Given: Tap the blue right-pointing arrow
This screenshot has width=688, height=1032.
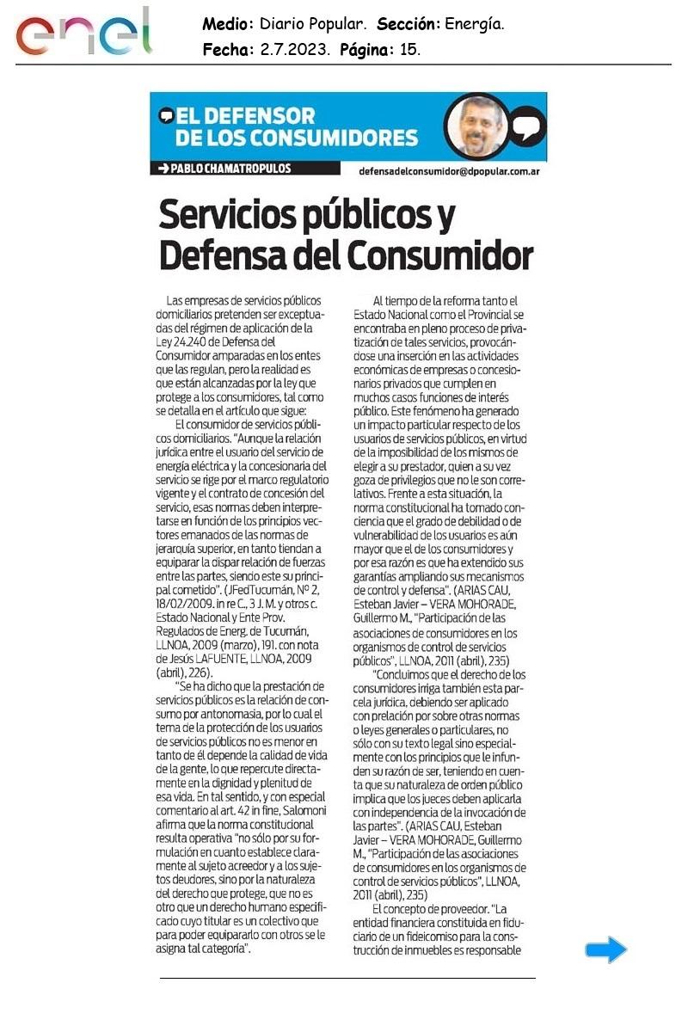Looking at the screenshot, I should pyautogui.click(x=606, y=949).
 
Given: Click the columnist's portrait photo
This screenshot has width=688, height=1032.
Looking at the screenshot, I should pyautogui.click(x=476, y=125).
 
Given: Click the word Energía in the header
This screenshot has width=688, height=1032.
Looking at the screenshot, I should pyautogui.click(x=475, y=25).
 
